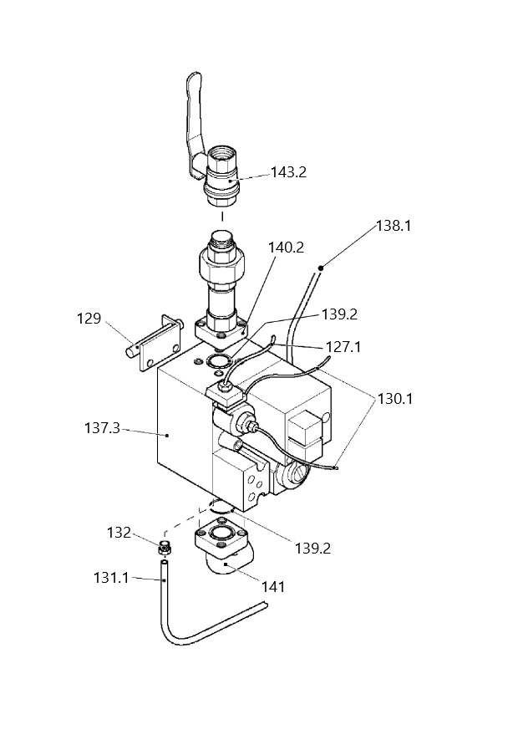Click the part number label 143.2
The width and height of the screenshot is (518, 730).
tap(289, 172)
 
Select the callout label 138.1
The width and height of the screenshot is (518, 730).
tap(394, 227)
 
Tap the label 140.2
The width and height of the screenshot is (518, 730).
tap(286, 248)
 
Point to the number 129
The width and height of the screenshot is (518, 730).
tap(89, 319)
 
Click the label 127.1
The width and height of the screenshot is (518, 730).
tap(343, 347)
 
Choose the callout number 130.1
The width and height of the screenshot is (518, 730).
tap(395, 399)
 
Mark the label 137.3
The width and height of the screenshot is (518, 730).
tap(102, 428)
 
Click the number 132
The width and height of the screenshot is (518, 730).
tap(119, 533)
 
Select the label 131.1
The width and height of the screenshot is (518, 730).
tap(111, 578)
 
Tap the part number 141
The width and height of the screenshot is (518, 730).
tap(273, 587)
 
